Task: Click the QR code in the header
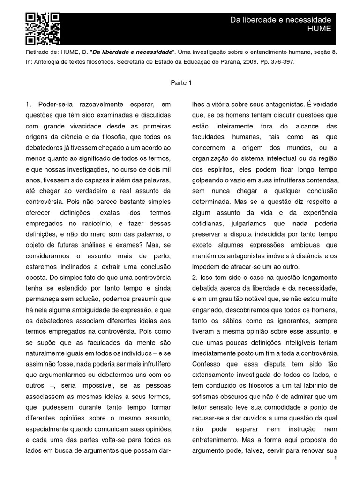[x=43, y=28]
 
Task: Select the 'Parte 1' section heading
[x=180, y=83]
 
